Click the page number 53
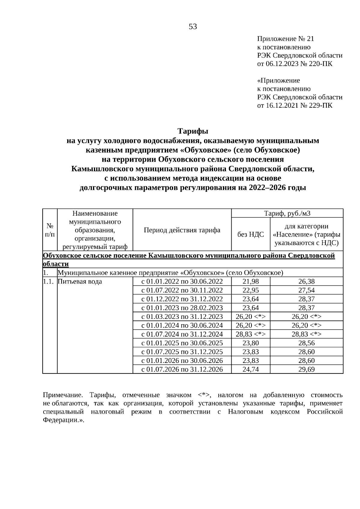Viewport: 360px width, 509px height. click(193, 27)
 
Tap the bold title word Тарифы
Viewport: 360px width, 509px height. click(193, 131)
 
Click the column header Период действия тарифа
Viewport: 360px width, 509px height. click(182, 230)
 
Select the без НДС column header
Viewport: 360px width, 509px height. click(250, 235)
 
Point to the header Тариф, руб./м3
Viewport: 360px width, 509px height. click(287, 213)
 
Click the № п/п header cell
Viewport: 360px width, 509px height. click(50, 230)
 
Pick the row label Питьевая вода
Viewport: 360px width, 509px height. click(80, 282)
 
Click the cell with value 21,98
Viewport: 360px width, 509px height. click(250, 282)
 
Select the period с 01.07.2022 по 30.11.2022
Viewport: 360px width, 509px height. click(182, 290)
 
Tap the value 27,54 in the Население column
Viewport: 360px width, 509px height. click(306, 290)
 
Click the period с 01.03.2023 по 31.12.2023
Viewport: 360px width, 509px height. click(182, 317)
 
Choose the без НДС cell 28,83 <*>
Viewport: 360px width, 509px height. click(250, 334)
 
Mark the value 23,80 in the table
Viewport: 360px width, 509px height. click(250, 343)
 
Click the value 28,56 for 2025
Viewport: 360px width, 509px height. click(306, 343)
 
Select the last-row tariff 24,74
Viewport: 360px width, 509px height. click(250, 370)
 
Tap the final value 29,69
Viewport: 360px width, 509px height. click(306, 370)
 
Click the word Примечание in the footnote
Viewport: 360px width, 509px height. click(61, 395)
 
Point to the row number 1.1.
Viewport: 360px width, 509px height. click(48, 282)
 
